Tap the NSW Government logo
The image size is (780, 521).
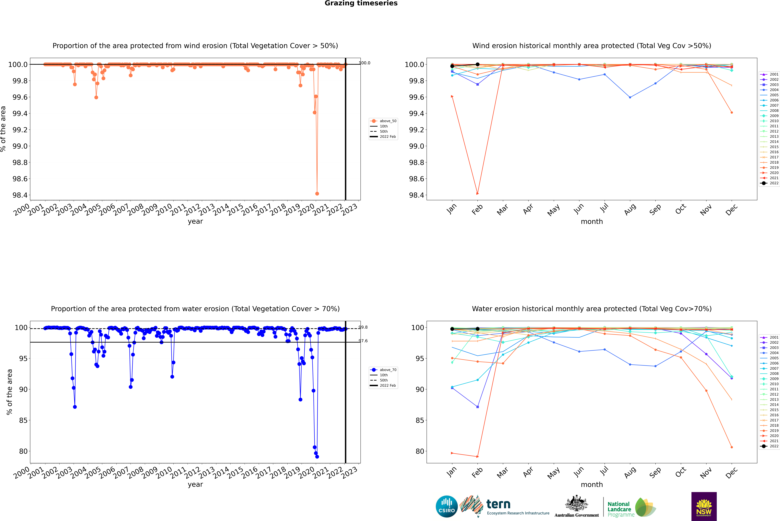(704, 506)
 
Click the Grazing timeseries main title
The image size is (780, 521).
(361, 3)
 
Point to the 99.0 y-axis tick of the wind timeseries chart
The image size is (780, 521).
(20, 146)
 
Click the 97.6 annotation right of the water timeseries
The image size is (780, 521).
(363, 341)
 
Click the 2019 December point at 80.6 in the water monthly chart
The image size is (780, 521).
(731, 447)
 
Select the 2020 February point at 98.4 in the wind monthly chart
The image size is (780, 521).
(477, 193)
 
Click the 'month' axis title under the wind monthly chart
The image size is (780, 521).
(591, 222)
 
